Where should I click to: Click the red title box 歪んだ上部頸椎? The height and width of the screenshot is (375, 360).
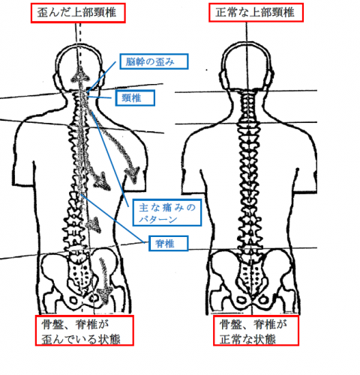(x=78, y=13)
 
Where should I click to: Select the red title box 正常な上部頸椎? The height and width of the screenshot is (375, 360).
(x=256, y=13)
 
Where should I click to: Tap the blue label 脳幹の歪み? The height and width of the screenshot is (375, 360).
(x=154, y=61)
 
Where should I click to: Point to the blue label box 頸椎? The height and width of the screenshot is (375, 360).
(x=135, y=98)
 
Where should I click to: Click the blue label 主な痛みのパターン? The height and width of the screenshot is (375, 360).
(x=167, y=213)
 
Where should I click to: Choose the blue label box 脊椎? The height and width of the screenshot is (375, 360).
(x=168, y=243)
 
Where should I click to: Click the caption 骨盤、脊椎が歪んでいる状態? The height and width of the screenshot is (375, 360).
(x=85, y=331)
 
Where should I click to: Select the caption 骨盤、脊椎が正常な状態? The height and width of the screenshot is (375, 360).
(x=256, y=331)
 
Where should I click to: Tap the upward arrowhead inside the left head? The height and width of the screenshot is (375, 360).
(x=80, y=76)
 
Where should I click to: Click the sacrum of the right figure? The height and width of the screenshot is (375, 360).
(x=250, y=275)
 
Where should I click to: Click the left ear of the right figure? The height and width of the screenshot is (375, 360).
(x=223, y=78)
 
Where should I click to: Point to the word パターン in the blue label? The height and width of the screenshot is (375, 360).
(x=158, y=219)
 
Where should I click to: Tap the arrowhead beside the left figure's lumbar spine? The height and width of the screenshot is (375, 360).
(x=94, y=224)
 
